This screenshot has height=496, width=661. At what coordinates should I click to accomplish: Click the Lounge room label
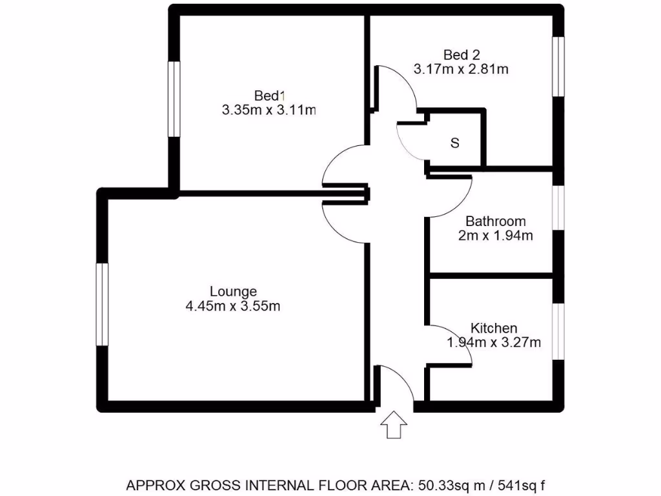click(x=233, y=292)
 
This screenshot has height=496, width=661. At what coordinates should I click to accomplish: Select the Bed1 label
click(x=269, y=96)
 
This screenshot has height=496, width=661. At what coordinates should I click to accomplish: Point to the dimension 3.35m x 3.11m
click(x=269, y=110)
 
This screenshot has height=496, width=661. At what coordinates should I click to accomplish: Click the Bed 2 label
click(x=462, y=54)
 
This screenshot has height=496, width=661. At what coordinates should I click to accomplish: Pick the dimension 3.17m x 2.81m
click(x=462, y=68)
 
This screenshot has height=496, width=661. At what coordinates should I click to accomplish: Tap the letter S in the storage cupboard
click(x=454, y=143)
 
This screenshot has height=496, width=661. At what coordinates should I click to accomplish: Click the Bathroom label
click(x=496, y=222)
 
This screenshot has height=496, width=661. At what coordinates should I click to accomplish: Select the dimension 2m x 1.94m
click(x=496, y=236)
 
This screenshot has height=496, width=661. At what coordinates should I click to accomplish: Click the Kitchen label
click(x=494, y=328)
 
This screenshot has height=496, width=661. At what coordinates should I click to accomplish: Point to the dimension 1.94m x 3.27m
click(x=494, y=342)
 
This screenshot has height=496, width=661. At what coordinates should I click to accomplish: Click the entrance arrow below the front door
click(x=393, y=427)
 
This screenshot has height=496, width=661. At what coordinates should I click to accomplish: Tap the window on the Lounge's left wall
click(x=102, y=304)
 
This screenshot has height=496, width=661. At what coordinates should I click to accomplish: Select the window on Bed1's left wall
click(x=174, y=99)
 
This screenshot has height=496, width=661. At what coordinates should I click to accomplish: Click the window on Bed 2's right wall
click(x=558, y=67)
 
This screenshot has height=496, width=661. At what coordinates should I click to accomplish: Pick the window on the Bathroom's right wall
click(x=558, y=207)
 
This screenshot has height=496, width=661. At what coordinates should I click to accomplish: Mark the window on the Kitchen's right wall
click(x=558, y=329)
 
